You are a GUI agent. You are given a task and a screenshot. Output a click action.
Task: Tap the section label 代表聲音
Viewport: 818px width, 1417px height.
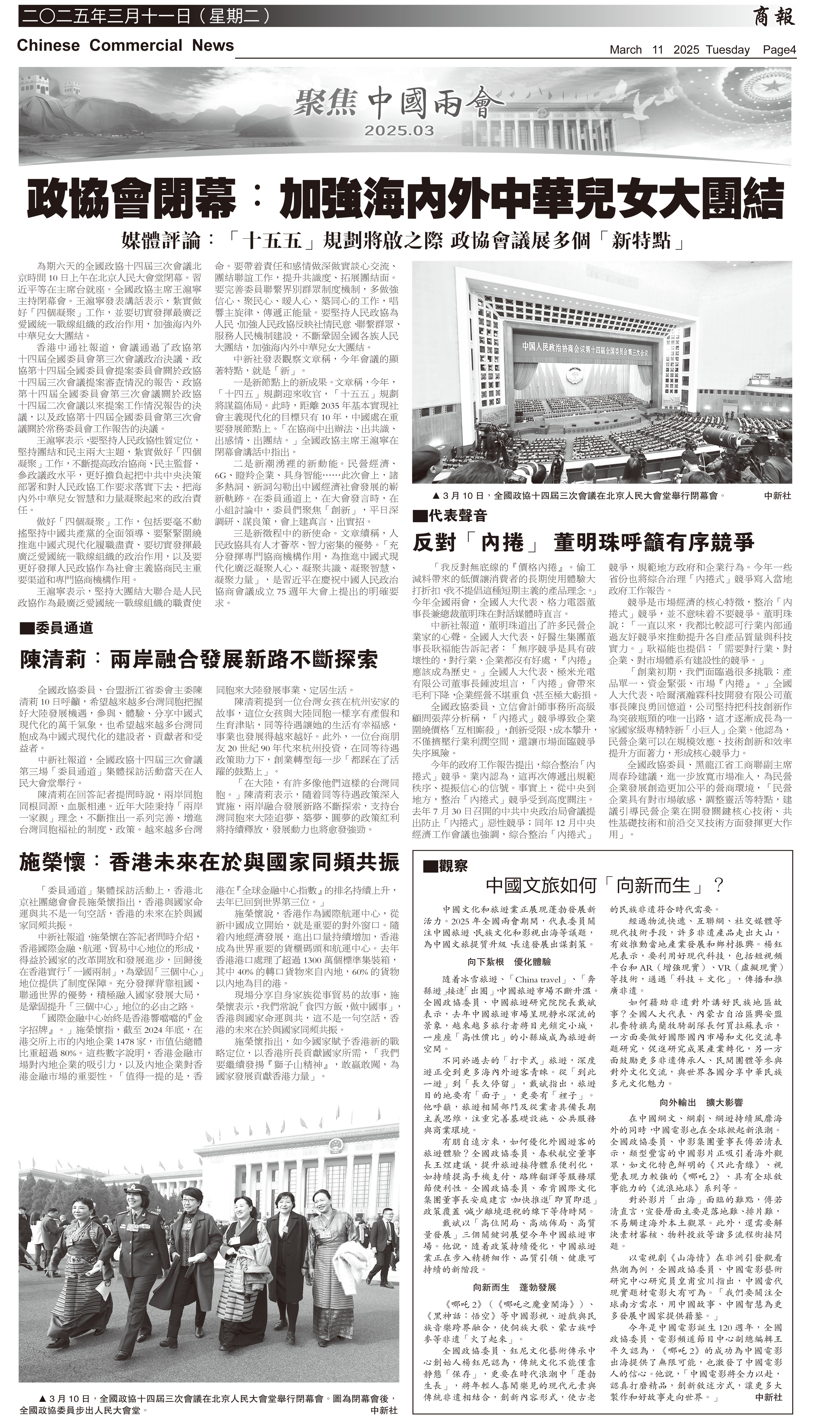coord(449,515)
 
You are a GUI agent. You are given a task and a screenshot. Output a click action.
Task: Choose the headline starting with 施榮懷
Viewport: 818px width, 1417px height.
coord(209,863)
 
